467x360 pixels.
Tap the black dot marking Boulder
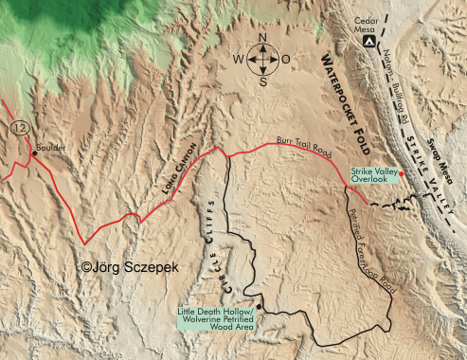tap(34, 153)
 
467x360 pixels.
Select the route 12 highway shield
tap(20, 126)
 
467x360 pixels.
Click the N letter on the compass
tap(263, 41)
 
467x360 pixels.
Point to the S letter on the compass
tap(263, 81)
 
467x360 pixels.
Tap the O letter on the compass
tap(286, 62)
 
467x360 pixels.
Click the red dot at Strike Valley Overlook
tap(402, 173)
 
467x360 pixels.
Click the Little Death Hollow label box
tap(223, 320)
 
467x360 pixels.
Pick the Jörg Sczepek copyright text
tap(130, 268)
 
